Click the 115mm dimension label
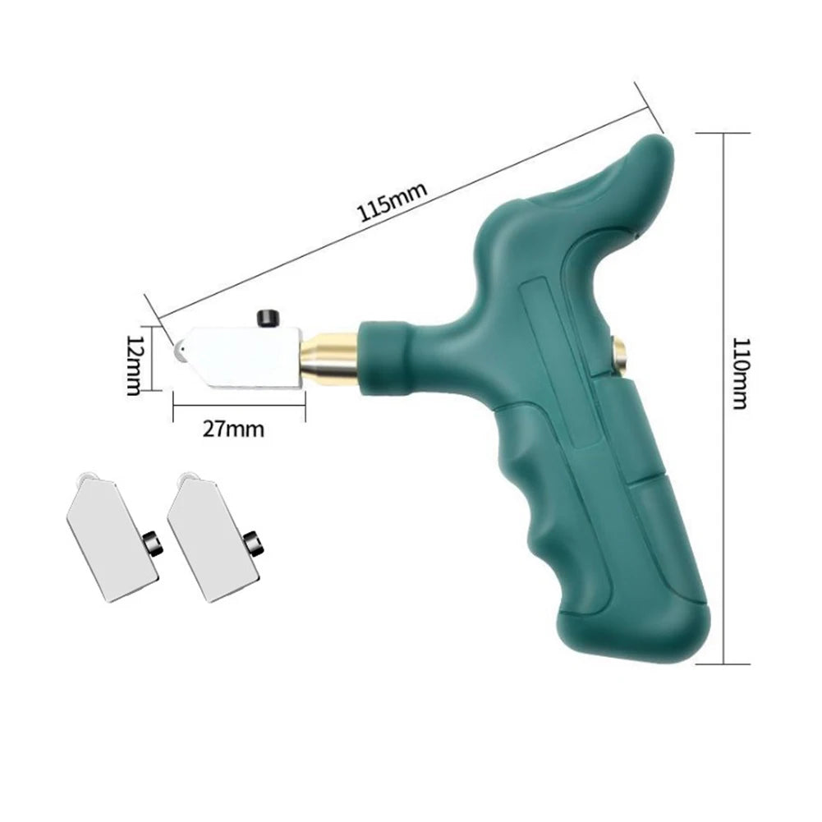(393, 203)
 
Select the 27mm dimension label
(237, 428)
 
